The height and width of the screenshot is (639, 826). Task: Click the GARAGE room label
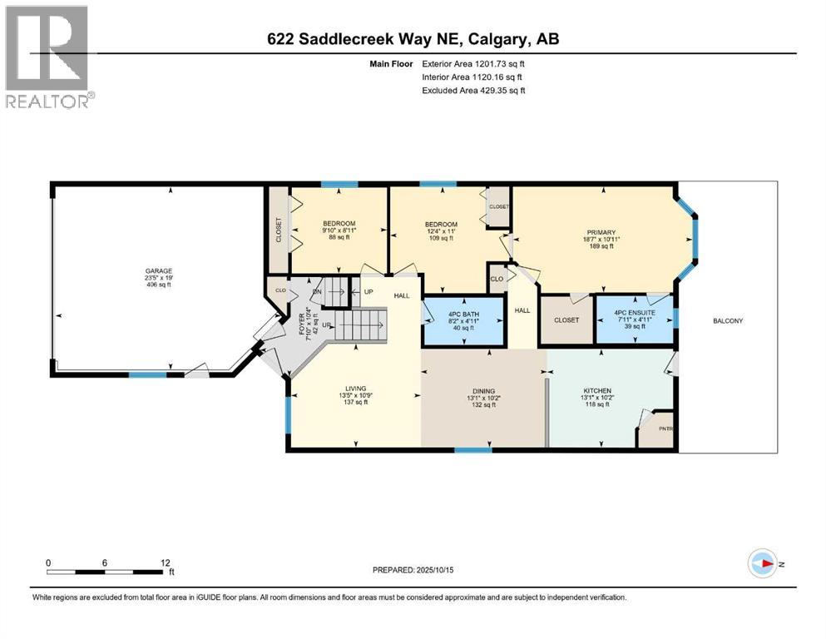[x=157, y=270]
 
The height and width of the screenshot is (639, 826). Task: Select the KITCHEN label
[x=597, y=390]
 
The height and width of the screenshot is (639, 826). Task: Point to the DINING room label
[x=483, y=391]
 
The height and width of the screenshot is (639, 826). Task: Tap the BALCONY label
[x=726, y=320]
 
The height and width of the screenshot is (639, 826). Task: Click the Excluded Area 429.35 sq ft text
[x=472, y=91]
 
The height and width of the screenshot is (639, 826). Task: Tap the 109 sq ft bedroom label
[x=441, y=238]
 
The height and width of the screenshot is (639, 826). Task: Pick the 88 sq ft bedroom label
[x=339, y=237]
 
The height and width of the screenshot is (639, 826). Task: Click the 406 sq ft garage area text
[x=157, y=285]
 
